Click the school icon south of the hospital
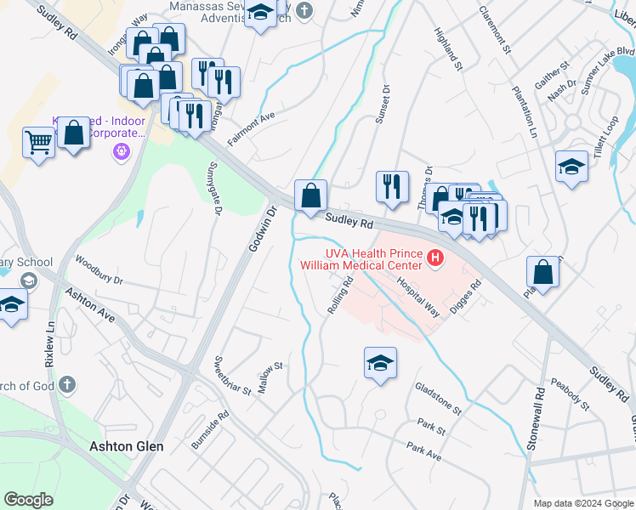[x=380, y=363]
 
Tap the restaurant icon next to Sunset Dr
[x=392, y=186]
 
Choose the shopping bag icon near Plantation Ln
[x=542, y=272]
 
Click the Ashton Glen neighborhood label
[x=127, y=445]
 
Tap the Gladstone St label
[x=438, y=398]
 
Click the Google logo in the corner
[x=29, y=499]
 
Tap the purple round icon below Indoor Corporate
[x=121, y=152]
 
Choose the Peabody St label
[x=570, y=393]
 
